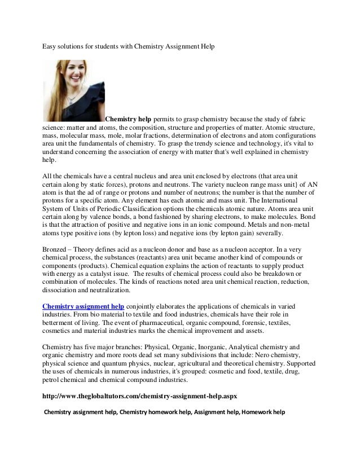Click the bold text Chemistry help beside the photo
(x=128, y=120)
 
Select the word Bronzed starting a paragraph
(x=55, y=249)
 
